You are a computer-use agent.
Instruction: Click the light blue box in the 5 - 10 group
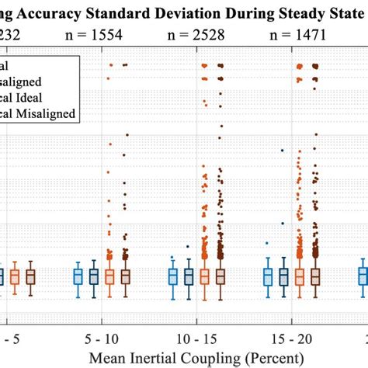coord(78,276)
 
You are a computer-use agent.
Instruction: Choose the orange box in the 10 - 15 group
coord(204,276)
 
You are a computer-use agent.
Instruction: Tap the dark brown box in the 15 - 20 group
coord(315,276)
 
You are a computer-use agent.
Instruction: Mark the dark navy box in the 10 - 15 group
coord(189,276)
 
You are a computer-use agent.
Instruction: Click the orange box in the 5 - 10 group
coord(109,276)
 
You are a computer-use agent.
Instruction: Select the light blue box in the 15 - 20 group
coord(268,276)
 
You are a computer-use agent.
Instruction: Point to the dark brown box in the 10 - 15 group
coord(220,276)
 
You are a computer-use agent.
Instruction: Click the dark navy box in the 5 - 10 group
coord(94,276)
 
